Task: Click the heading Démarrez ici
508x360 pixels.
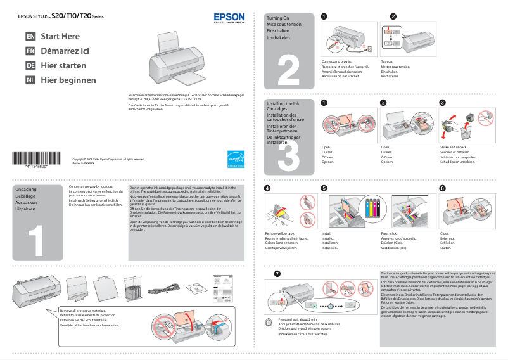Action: (65, 51)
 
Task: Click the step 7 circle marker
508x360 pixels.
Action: (276, 274)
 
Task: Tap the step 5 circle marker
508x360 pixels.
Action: (324, 188)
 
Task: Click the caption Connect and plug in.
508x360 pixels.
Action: (337, 61)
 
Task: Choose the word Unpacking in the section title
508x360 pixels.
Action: (26, 190)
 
